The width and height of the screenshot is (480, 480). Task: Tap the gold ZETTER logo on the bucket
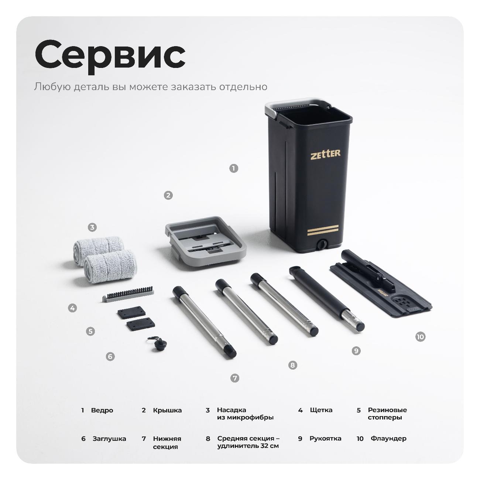pos(325,154)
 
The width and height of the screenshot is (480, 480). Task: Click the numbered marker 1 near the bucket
pos(233,168)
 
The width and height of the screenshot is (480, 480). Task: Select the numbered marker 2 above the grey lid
pos(168,195)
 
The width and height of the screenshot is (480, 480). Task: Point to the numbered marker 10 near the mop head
pos(420,337)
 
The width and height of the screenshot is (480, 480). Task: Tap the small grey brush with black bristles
pos(128,294)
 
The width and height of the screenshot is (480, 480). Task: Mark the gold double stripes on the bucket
pos(323,230)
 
